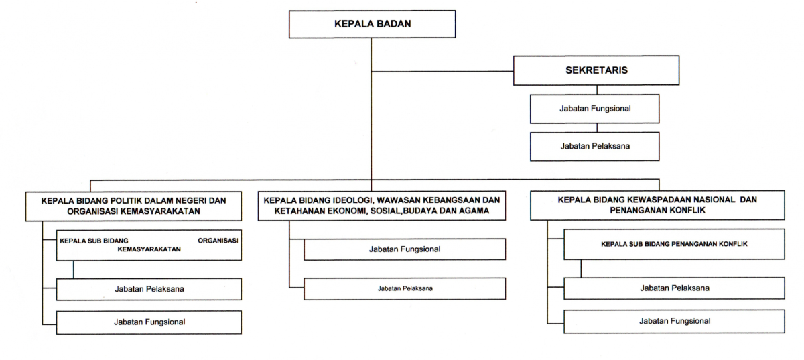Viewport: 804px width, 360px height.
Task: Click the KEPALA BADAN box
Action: pyautogui.click(x=371, y=25)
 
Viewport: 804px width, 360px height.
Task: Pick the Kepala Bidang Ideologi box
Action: pyautogui.click(x=382, y=206)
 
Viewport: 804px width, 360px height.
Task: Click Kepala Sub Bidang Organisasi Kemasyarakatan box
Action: pyautogui.click(x=149, y=244)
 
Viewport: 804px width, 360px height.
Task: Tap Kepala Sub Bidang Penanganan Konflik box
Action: pyautogui.click(x=674, y=244)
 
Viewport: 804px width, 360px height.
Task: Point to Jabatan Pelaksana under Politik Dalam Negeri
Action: pyautogui.click(x=149, y=289)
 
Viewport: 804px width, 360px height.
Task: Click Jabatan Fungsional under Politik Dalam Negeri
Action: pyautogui.click(x=149, y=322)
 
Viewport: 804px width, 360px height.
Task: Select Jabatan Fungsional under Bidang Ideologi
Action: pyautogui.click(x=405, y=249)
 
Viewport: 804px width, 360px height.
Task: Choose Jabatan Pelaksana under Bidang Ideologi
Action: pyautogui.click(x=405, y=288)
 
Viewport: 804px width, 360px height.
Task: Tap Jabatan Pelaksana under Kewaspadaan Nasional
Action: pyautogui.click(x=674, y=288)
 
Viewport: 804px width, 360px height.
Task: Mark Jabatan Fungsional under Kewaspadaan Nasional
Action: pyautogui.click(x=674, y=320)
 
